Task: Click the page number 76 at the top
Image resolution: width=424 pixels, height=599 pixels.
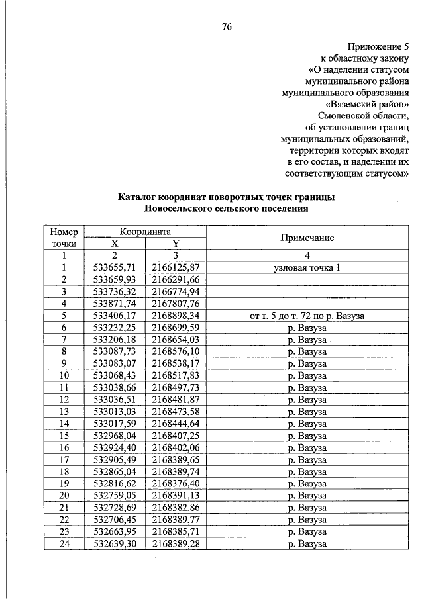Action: [x=226, y=27]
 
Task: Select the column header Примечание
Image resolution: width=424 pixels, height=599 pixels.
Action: [x=307, y=238]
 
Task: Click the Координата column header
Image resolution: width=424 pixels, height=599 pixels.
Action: [x=145, y=232]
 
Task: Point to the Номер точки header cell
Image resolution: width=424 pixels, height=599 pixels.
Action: [x=64, y=238]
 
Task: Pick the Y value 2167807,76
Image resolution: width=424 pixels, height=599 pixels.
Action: [x=176, y=304]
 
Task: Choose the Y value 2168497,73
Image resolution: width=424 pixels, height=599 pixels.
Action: [x=176, y=387]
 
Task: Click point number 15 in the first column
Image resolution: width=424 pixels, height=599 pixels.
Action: [x=64, y=436]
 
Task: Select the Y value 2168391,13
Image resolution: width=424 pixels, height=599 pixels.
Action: [x=176, y=495]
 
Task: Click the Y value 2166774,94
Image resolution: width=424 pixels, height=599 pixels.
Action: [x=176, y=291]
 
